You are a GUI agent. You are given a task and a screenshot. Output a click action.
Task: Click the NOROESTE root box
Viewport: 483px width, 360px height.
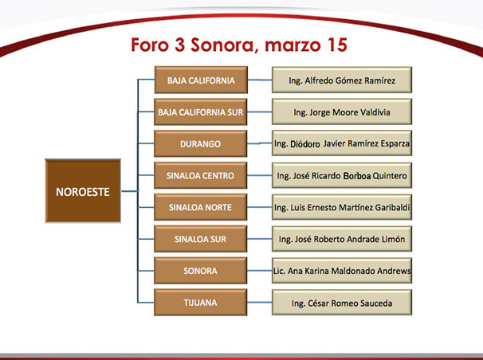83,191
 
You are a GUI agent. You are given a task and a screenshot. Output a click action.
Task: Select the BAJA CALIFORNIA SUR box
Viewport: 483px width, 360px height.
201,112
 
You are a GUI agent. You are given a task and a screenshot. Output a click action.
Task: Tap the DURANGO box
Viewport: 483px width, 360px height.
201,143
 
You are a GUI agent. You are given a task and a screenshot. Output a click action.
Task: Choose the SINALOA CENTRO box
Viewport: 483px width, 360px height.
201,175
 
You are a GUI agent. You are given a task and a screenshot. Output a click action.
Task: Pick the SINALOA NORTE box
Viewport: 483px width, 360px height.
201,207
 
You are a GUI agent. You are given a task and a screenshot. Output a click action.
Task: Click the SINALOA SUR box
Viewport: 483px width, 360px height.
201,239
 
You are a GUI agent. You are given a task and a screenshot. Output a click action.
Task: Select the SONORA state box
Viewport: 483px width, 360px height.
201,271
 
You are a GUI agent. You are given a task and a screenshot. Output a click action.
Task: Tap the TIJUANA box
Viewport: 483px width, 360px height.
201,303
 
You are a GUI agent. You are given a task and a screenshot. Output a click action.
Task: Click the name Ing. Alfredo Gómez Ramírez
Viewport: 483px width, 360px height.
342,80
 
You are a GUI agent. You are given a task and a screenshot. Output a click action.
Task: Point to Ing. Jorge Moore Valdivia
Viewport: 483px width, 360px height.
342,112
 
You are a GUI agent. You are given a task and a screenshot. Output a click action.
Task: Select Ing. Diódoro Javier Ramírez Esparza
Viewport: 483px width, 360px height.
342,143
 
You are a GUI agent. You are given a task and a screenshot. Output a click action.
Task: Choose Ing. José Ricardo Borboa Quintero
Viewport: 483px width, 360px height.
342,176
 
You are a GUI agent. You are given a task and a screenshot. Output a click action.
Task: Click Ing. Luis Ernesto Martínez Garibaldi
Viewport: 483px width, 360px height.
342,207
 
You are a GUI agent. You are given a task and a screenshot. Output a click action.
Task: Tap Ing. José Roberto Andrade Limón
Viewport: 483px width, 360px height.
342,239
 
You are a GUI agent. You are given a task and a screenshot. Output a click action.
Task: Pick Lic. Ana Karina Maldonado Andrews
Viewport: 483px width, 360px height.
342,271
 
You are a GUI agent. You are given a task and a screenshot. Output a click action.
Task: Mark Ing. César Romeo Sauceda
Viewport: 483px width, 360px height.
342,303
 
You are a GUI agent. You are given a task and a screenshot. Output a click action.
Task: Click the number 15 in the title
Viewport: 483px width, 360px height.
337,45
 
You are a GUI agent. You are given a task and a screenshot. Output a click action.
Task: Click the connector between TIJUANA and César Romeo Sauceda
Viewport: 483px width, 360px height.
259,303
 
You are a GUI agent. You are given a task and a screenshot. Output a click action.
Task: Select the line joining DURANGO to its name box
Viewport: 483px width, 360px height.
259,143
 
